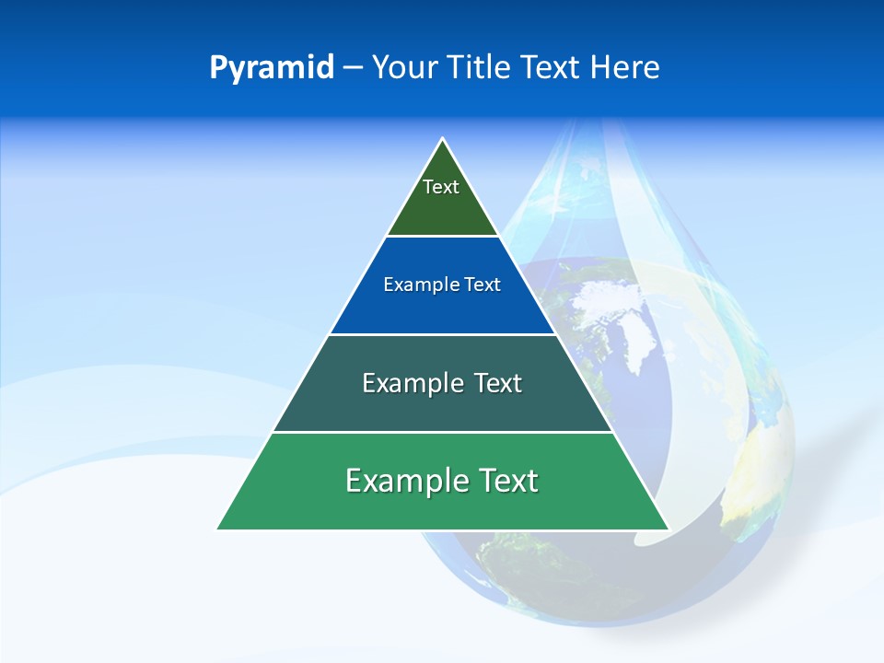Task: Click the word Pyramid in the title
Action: tap(272, 68)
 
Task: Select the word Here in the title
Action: tap(624, 68)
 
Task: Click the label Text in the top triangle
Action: tap(441, 187)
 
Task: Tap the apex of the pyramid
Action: tap(443, 140)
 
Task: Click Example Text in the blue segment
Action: tap(442, 285)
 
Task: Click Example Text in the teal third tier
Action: tap(442, 383)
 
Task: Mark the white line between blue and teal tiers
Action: tap(442, 334)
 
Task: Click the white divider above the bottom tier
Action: tap(442, 432)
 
